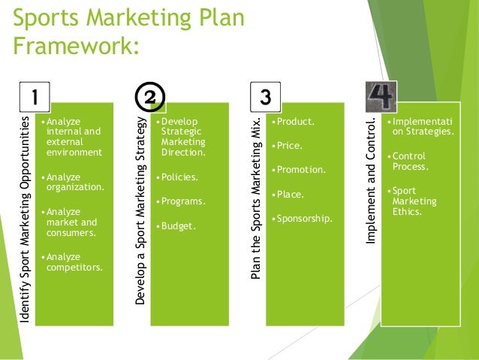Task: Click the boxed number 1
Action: [35, 96]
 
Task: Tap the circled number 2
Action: [149, 97]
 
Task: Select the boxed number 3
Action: [265, 97]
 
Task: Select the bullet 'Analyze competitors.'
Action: [74, 261]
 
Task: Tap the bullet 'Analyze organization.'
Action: [74, 182]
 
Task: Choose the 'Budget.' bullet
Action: [177, 226]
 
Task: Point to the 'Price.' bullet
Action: [289, 145]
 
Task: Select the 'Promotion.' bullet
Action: [300, 169]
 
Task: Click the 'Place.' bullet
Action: [291, 194]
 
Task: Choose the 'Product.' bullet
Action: [294, 121]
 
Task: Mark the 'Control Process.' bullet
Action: [408, 161]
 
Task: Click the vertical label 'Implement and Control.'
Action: [370, 180]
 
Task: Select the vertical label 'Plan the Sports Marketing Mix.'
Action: [255, 198]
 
